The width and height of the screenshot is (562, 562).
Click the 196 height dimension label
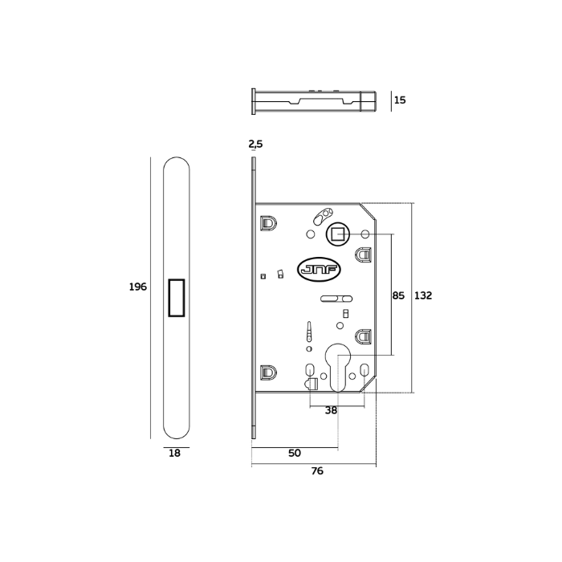point(138,287)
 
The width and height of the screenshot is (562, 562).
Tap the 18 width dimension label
point(175,453)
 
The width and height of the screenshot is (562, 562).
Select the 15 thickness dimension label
point(400,100)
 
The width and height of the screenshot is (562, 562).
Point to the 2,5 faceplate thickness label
point(255,144)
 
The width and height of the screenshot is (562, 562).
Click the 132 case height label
point(423,295)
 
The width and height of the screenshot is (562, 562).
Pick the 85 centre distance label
point(398,295)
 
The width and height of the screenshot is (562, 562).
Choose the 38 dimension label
point(331,409)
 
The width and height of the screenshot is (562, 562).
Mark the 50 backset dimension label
point(294,453)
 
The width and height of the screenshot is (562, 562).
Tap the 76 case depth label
point(317,471)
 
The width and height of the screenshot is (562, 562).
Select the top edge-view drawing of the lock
point(313,102)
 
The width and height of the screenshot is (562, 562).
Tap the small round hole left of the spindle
point(312,234)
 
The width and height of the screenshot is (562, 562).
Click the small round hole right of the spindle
point(364,234)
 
